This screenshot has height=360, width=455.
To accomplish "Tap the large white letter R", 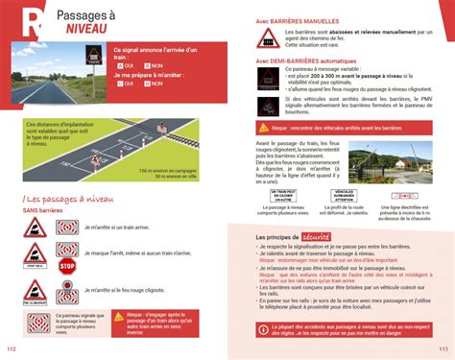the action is tap(35, 20).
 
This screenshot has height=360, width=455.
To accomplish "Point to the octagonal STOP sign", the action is tap(67, 267).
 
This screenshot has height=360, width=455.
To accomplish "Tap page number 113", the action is tap(443, 348).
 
